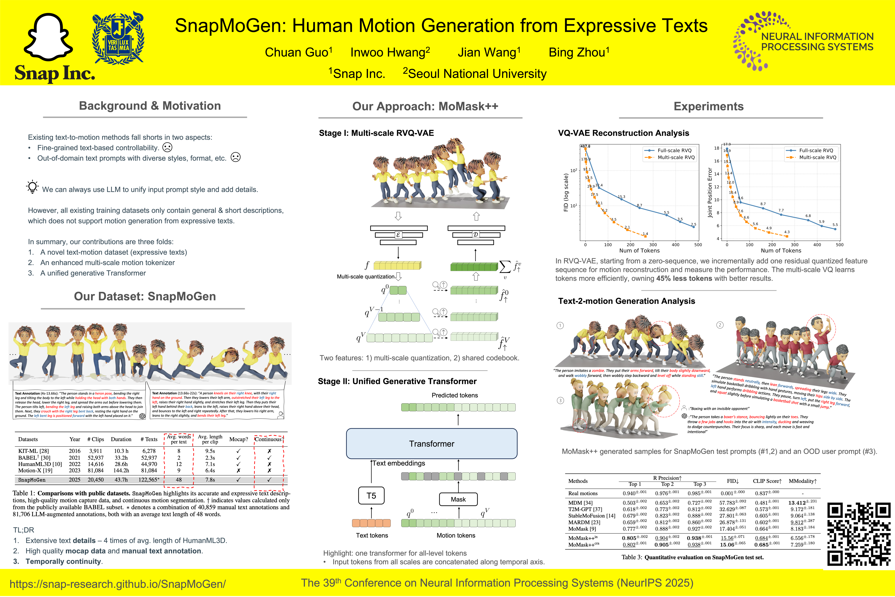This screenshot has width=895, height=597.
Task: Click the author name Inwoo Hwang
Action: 390,52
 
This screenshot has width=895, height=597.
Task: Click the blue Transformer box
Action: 431,444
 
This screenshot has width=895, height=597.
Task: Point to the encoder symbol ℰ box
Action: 398,235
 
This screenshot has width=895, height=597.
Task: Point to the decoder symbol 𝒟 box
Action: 475,234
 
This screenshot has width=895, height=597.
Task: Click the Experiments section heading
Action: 708,106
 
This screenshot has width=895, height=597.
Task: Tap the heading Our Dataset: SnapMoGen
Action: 145,296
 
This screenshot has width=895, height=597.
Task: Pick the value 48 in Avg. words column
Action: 178,480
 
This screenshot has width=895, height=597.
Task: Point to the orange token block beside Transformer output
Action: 371,523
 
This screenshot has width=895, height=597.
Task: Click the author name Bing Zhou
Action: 579,52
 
